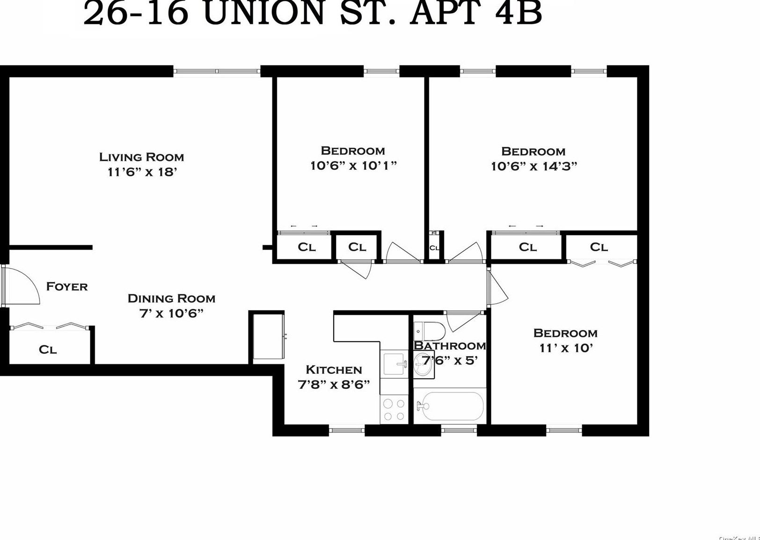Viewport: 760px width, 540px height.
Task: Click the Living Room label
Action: (x=141, y=157)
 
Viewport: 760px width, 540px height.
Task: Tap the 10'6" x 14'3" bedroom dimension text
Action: (x=533, y=166)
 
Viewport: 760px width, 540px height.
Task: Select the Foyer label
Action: (x=67, y=286)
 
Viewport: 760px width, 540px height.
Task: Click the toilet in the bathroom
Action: (x=430, y=331)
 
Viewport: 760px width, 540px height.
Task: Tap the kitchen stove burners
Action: (x=394, y=409)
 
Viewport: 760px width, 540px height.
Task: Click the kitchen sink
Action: (x=395, y=364)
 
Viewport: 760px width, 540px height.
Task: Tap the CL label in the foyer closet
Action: (x=47, y=350)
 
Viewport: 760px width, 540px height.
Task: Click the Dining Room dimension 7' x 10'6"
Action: (x=171, y=313)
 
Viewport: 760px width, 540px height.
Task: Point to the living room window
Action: (x=217, y=72)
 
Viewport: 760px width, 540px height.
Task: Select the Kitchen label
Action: (x=334, y=370)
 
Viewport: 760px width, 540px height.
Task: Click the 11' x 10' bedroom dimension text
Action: (x=566, y=348)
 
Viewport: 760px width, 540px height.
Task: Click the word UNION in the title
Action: (x=264, y=13)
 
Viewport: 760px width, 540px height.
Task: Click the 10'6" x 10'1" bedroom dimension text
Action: (x=353, y=166)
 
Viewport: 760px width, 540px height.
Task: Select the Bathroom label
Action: (x=450, y=346)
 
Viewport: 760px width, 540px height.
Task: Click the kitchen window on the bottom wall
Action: (x=347, y=430)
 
